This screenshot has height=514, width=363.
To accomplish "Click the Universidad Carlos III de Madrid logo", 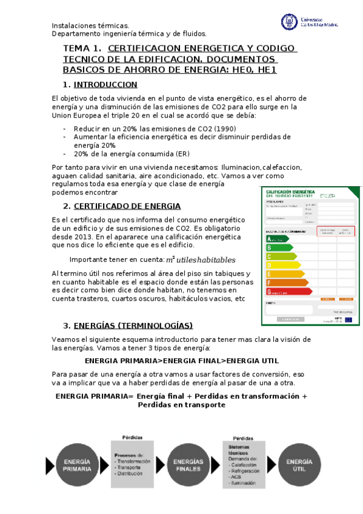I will (x=309, y=22).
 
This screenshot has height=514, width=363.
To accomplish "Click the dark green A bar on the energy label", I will (x=276, y=239).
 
